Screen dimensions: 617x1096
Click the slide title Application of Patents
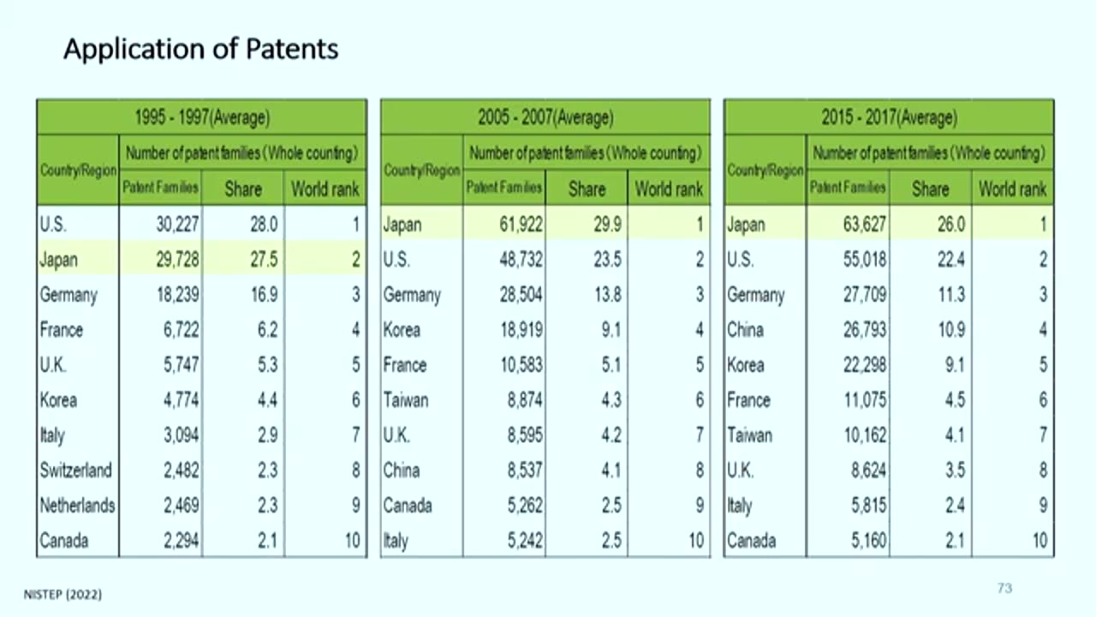click(x=200, y=49)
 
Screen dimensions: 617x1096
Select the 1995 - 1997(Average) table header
click(x=202, y=117)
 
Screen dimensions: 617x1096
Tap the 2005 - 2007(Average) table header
click(x=545, y=117)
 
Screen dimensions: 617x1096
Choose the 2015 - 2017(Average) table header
click(x=889, y=117)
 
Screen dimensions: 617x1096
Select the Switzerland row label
click(x=75, y=470)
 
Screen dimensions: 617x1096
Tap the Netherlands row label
click(x=77, y=506)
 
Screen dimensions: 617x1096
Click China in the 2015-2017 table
click(x=745, y=330)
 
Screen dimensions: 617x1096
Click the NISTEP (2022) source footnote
click(x=63, y=594)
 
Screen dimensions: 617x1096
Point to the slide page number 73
click(x=1004, y=588)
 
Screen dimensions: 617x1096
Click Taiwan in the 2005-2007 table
click(x=406, y=400)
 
